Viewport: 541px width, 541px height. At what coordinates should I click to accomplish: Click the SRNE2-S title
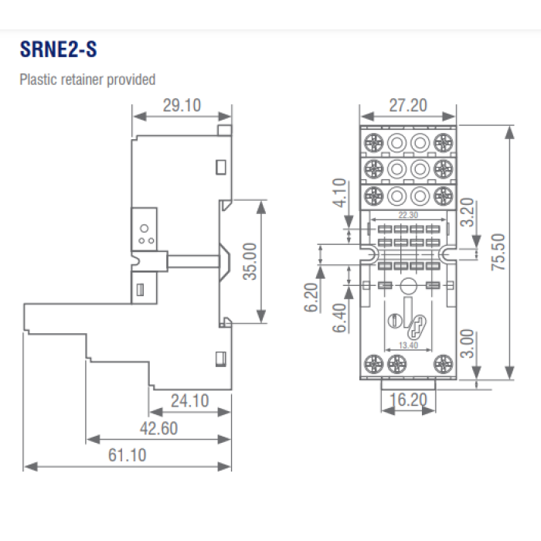(x=58, y=50)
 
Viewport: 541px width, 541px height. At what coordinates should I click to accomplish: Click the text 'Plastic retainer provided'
(x=87, y=79)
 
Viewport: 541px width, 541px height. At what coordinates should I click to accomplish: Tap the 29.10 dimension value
(x=182, y=105)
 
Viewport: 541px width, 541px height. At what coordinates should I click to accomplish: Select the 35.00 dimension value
(x=250, y=263)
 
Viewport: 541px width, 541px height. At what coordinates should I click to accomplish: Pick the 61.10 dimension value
(x=127, y=455)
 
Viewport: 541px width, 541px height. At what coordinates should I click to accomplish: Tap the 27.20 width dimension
(x=407, y=105)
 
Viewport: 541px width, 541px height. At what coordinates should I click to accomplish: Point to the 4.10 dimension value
(x=338, y=193)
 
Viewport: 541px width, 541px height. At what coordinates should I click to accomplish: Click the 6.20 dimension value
(x=311, y=296)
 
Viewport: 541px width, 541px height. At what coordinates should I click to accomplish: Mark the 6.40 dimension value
(x=338, y=316)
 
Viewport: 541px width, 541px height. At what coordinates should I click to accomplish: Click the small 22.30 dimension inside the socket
(x=408, y=216)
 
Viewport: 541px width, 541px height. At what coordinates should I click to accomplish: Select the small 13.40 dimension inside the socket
(x=407, y=345)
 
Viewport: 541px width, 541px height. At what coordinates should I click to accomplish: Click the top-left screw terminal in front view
(x=373, y=142)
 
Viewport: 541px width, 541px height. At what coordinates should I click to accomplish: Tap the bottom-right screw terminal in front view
(x=443, y=362)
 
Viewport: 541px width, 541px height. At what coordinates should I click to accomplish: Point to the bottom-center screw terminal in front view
(x=407, y=362)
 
